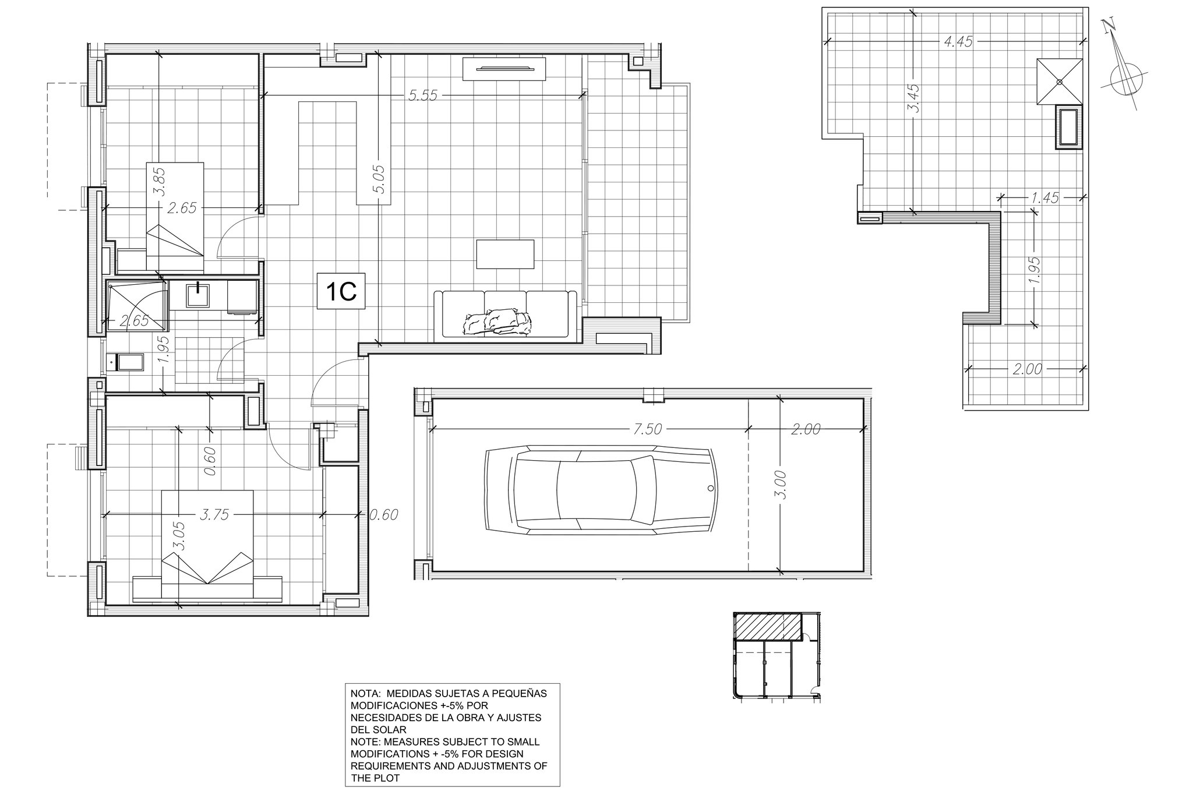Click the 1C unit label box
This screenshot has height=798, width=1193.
(341, 291)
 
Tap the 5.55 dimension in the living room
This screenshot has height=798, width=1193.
(423, 96)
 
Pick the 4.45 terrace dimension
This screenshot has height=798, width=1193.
(958, 42)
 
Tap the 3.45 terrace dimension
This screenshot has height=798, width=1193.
(913, 98)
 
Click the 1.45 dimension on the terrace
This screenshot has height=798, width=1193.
(1044, 197)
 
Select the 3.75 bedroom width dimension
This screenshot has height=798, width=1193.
(215, 514)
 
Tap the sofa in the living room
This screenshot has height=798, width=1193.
(506, 315)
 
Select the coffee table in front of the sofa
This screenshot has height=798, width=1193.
(505, 255)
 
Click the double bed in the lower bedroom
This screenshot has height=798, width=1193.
(207, 545)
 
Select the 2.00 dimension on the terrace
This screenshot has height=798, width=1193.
(1027, 369)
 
